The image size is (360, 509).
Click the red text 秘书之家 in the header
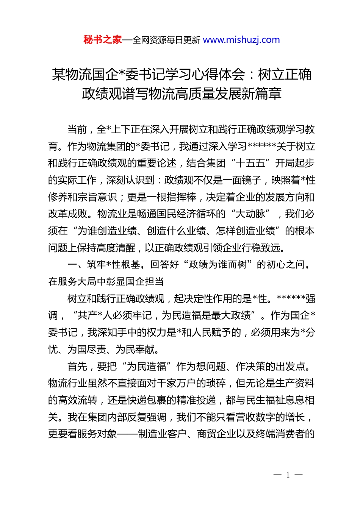coord(103,40)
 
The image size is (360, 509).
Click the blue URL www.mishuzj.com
coord(241,40)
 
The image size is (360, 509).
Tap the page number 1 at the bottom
coord(288,475)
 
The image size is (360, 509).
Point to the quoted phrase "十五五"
coord(250,163)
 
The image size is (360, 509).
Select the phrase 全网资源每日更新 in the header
coord(166,40)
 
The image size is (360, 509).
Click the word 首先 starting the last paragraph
coord(77,366)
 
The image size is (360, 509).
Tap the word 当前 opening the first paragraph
coord(77,130)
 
